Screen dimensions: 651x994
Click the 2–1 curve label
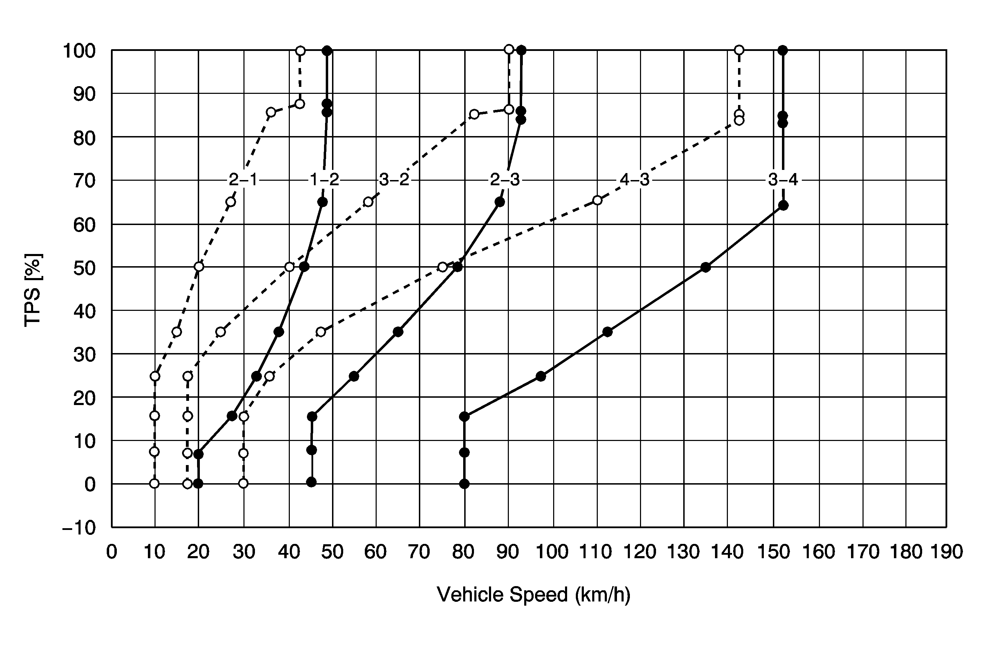click(x=244, y=180)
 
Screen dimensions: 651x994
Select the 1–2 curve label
click(x=324, y=180)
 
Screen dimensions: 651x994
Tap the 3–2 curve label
click(x=394, y=180)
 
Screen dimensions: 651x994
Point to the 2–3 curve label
click(x=505, y=180)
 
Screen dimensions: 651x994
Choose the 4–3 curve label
click(x=635, y=180)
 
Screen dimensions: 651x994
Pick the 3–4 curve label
click(x=783, y=180)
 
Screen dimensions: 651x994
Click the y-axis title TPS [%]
click(x=32, y=290)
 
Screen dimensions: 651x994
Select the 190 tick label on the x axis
click(x=946, y=552)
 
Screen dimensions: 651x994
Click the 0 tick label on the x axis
click(x=112, y=552)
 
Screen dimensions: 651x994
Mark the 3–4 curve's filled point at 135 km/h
click(x=706, y=268)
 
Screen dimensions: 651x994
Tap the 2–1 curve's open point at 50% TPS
click(x=199, y=267)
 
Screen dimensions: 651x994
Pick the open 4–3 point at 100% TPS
click(x=739, y=50)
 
